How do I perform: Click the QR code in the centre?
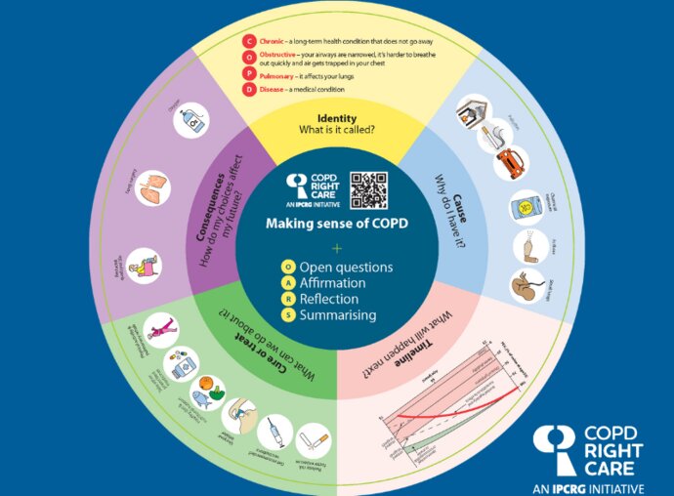pyautogui.click(x=369, y=189)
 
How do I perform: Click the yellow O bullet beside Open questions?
pyautogui.click(x=288, y=267)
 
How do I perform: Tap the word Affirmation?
pyautogui.click(x=339, y=283)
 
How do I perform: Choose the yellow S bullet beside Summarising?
pyautogui.click(x=288, y=314)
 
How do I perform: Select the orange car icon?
pyautogui.click(x=510, y=163)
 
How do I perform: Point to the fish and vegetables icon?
pyautogui.click(x=206, y=388)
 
